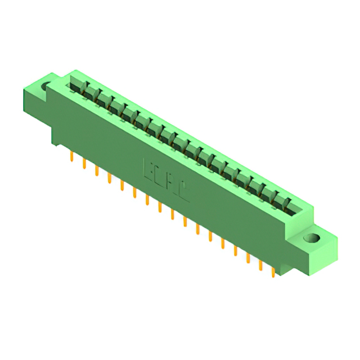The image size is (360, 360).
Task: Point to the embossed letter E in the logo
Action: pyautogui.click(x=150, y=168)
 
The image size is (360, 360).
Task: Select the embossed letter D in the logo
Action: pyautogui.click(x=160, y=175)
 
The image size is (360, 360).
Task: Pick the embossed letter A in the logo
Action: pyautogui.click(x=172, y=183)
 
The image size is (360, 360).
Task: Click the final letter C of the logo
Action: pyautogui.click(x=184, y=192)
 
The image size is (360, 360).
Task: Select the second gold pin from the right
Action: pyautogui.click(x=260, y=264)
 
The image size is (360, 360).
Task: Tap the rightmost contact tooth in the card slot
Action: pyautogui.click(x=287, y=202)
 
